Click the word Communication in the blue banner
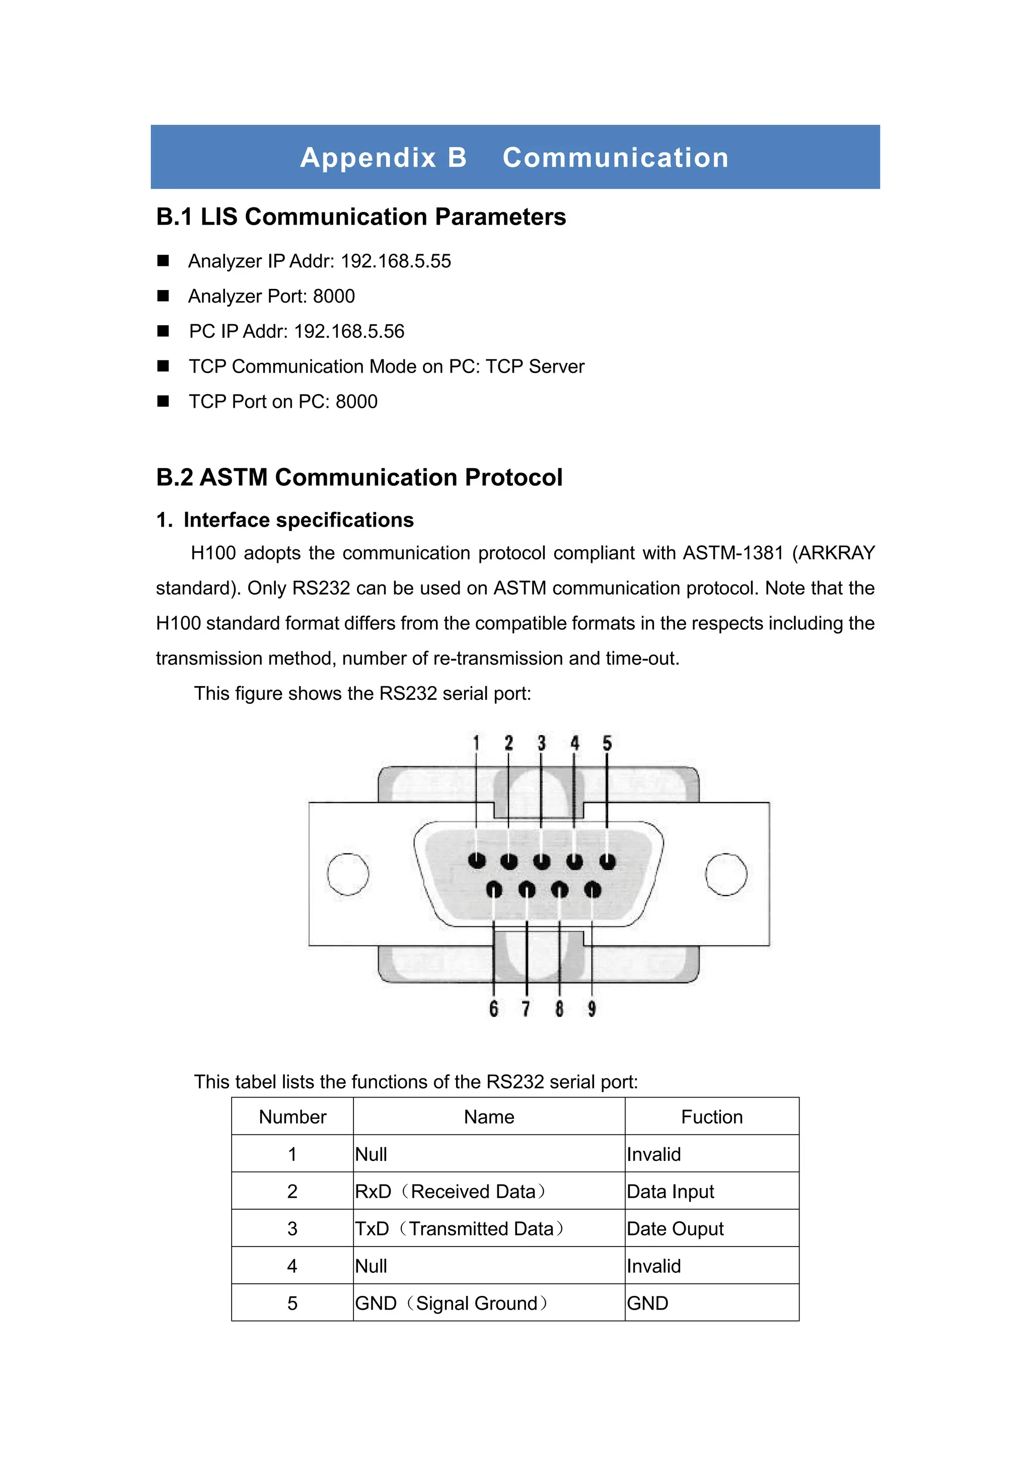click(615, 158)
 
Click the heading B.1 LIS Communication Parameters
click(360, 217)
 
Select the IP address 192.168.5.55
click(396, 261)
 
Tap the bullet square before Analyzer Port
click(163, 296)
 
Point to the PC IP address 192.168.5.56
click(349, 331)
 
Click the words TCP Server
click(535, 367)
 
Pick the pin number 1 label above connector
click(476, 743)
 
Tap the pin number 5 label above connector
click(607, 743)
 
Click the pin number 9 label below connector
click(592, 1008)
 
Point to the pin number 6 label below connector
click(494, 1008)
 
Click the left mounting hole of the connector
click(348, 874)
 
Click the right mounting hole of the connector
click(726, 874)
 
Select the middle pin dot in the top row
click(542, 861)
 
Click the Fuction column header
click(712, 1117)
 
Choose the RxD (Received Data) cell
click(450, 1191)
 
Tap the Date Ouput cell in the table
click(675, 1229)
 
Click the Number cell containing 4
click(292, 1266)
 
